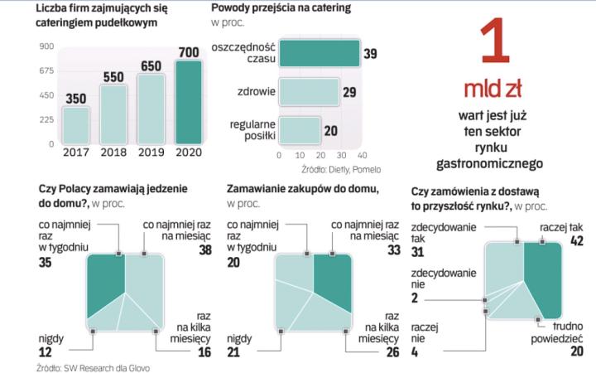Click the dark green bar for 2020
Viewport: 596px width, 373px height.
pos(189,102)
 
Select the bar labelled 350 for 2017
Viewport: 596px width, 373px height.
pos(77,124)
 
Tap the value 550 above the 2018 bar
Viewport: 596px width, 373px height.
pos(113,77)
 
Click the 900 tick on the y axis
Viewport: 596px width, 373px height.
pos(46,46)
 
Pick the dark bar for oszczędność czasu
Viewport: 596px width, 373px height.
pos(320,53)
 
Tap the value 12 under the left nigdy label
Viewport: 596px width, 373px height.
pos(46,352)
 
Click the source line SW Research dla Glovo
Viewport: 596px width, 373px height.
pos(94,366)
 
